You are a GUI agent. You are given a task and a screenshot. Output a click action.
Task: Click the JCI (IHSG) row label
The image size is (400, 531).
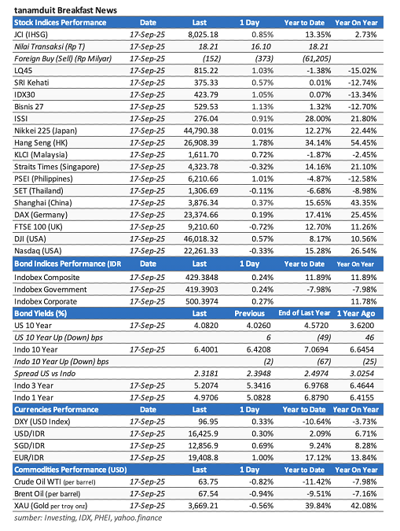(x=36, y=35)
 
